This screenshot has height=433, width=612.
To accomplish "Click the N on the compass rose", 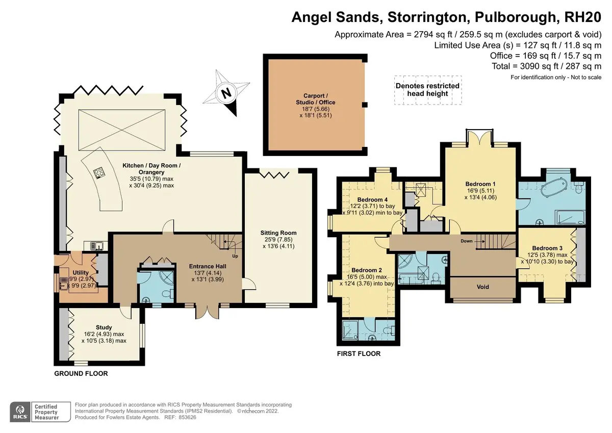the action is click(226, 93).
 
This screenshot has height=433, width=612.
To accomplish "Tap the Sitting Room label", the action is click(278, 233).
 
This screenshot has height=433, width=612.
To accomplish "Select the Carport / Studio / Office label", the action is click(316, 99).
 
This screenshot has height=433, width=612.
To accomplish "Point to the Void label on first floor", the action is click(483, 287).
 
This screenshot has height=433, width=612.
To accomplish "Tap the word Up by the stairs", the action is click(235, 256).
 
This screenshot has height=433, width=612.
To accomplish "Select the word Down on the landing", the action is click(466, 241).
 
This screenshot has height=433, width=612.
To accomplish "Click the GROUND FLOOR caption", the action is click(81, 373).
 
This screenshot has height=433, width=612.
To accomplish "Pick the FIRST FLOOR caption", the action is click(359, 354).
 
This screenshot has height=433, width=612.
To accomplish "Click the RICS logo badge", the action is click(20, 412).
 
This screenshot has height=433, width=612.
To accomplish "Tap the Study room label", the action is click(104, 327).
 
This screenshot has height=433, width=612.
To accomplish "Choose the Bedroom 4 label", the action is click(372, 200).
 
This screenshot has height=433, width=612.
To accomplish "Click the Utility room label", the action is click(81, 273).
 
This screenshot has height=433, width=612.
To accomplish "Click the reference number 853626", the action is click(188, 418).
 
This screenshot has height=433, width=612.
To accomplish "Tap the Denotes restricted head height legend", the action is click(427, 90).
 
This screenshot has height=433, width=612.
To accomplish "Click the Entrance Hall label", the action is click(208, 266).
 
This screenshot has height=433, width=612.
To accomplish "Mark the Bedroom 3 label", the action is click(547, 248).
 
